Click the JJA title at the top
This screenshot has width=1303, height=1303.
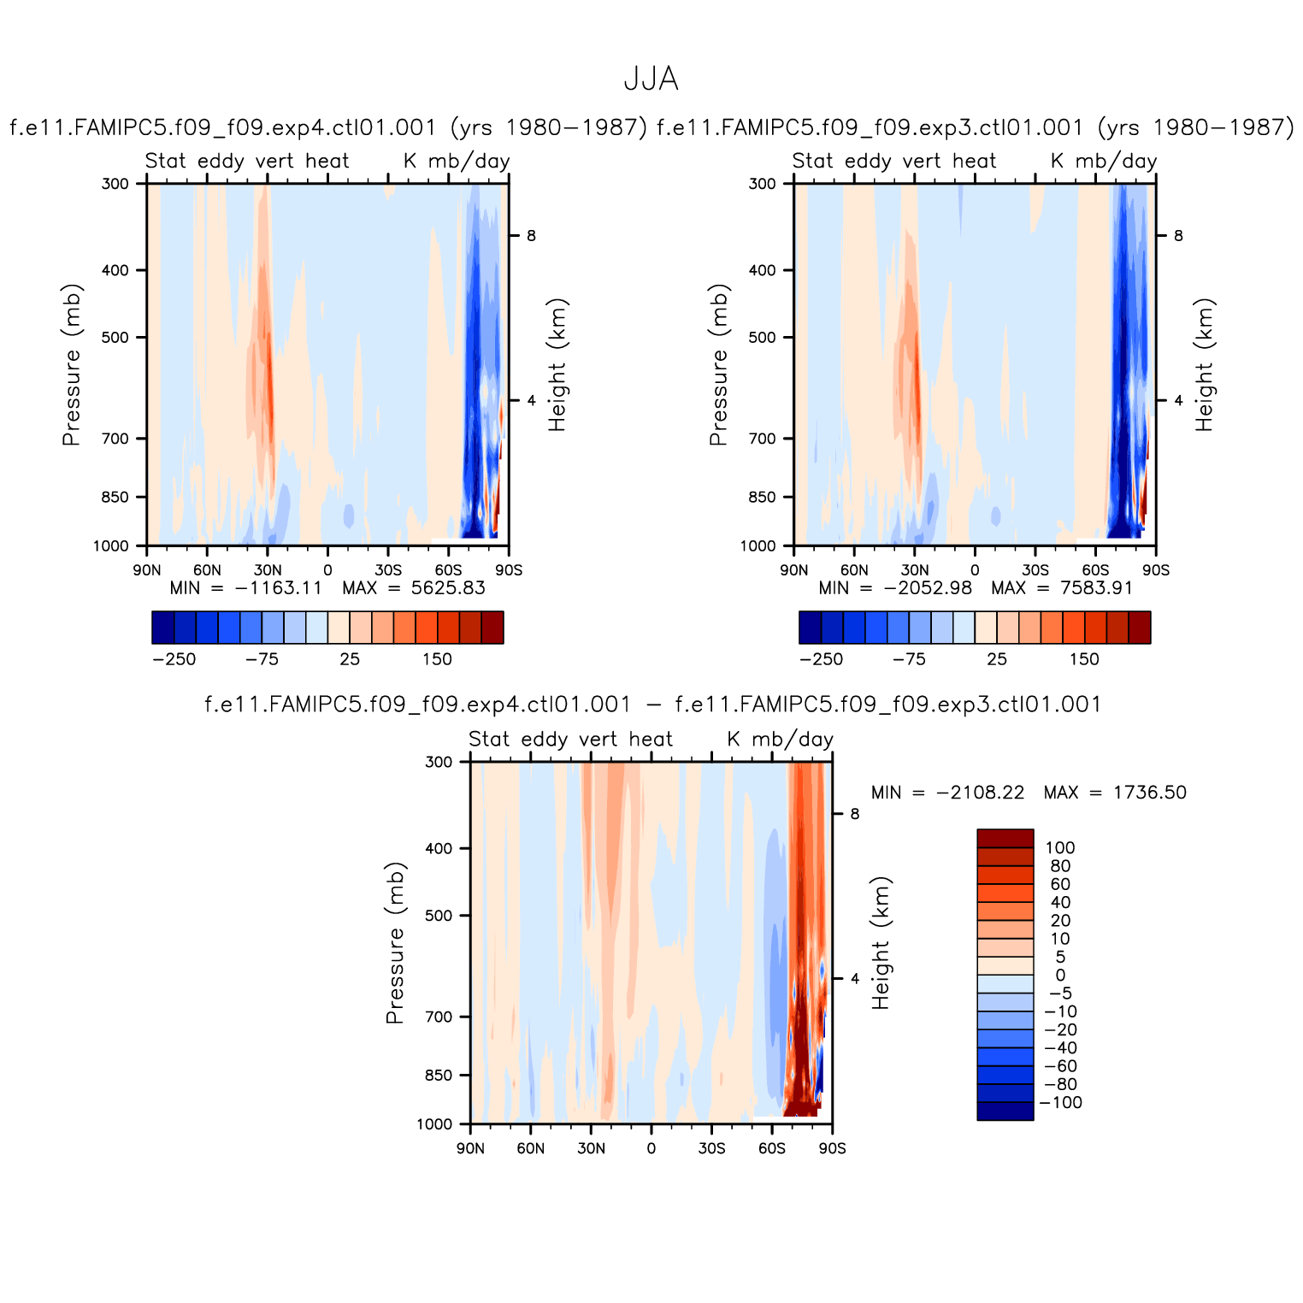651,80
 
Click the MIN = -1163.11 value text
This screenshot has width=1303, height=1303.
245,588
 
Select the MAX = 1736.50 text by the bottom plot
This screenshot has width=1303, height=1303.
1115,793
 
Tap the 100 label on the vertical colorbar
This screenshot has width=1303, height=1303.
1060,848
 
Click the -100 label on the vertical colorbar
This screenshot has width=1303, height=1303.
1060,1103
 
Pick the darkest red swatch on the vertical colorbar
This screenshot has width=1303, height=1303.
1005,838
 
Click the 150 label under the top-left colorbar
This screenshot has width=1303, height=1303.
437,659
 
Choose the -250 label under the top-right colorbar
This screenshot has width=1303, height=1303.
821,659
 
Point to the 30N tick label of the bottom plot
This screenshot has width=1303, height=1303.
591,1148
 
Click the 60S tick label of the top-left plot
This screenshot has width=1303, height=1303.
448,570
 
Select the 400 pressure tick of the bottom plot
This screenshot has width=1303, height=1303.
439,848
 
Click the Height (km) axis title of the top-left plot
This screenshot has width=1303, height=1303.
557,365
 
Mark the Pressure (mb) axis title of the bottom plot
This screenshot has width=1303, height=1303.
394,942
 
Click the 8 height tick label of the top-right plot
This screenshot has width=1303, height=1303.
1178,236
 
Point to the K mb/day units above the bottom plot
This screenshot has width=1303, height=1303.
780,739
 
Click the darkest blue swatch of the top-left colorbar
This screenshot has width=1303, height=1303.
162,627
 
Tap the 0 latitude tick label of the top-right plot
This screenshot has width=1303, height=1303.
975,570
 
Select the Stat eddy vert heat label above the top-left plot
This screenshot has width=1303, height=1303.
247,161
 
